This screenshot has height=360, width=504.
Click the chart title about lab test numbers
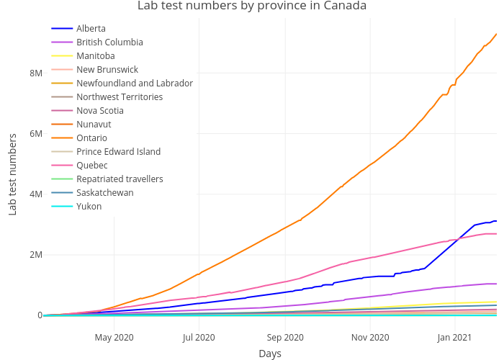coord(252,6)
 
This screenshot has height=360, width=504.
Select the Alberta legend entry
coord(91,29)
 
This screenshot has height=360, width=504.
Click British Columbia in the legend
coord(109,42)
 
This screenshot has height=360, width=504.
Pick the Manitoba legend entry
coord(95,56)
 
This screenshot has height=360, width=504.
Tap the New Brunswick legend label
coord(108,70)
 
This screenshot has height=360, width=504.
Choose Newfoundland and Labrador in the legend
coord(134,84)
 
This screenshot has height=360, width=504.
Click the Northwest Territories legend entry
coord(119,97)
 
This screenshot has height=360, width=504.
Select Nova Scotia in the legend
coord(99,111)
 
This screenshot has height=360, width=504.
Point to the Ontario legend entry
coord(91,138)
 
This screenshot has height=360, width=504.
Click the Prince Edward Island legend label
coord(118,152)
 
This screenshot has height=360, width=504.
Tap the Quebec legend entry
coord(91,166)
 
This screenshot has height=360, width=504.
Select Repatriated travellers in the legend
coord(120,179)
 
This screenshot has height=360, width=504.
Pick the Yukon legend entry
coord(89,207)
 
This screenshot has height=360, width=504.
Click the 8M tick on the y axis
coord(35,73)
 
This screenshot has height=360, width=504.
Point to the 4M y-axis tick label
coord(35,194)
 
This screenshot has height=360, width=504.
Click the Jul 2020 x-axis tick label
coord(199,337)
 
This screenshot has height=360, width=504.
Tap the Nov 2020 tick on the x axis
coord(370,337)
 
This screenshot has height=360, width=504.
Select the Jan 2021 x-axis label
coord(455,337)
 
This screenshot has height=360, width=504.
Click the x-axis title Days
coord(270,354)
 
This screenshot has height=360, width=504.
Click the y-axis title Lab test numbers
coord(12,174)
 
